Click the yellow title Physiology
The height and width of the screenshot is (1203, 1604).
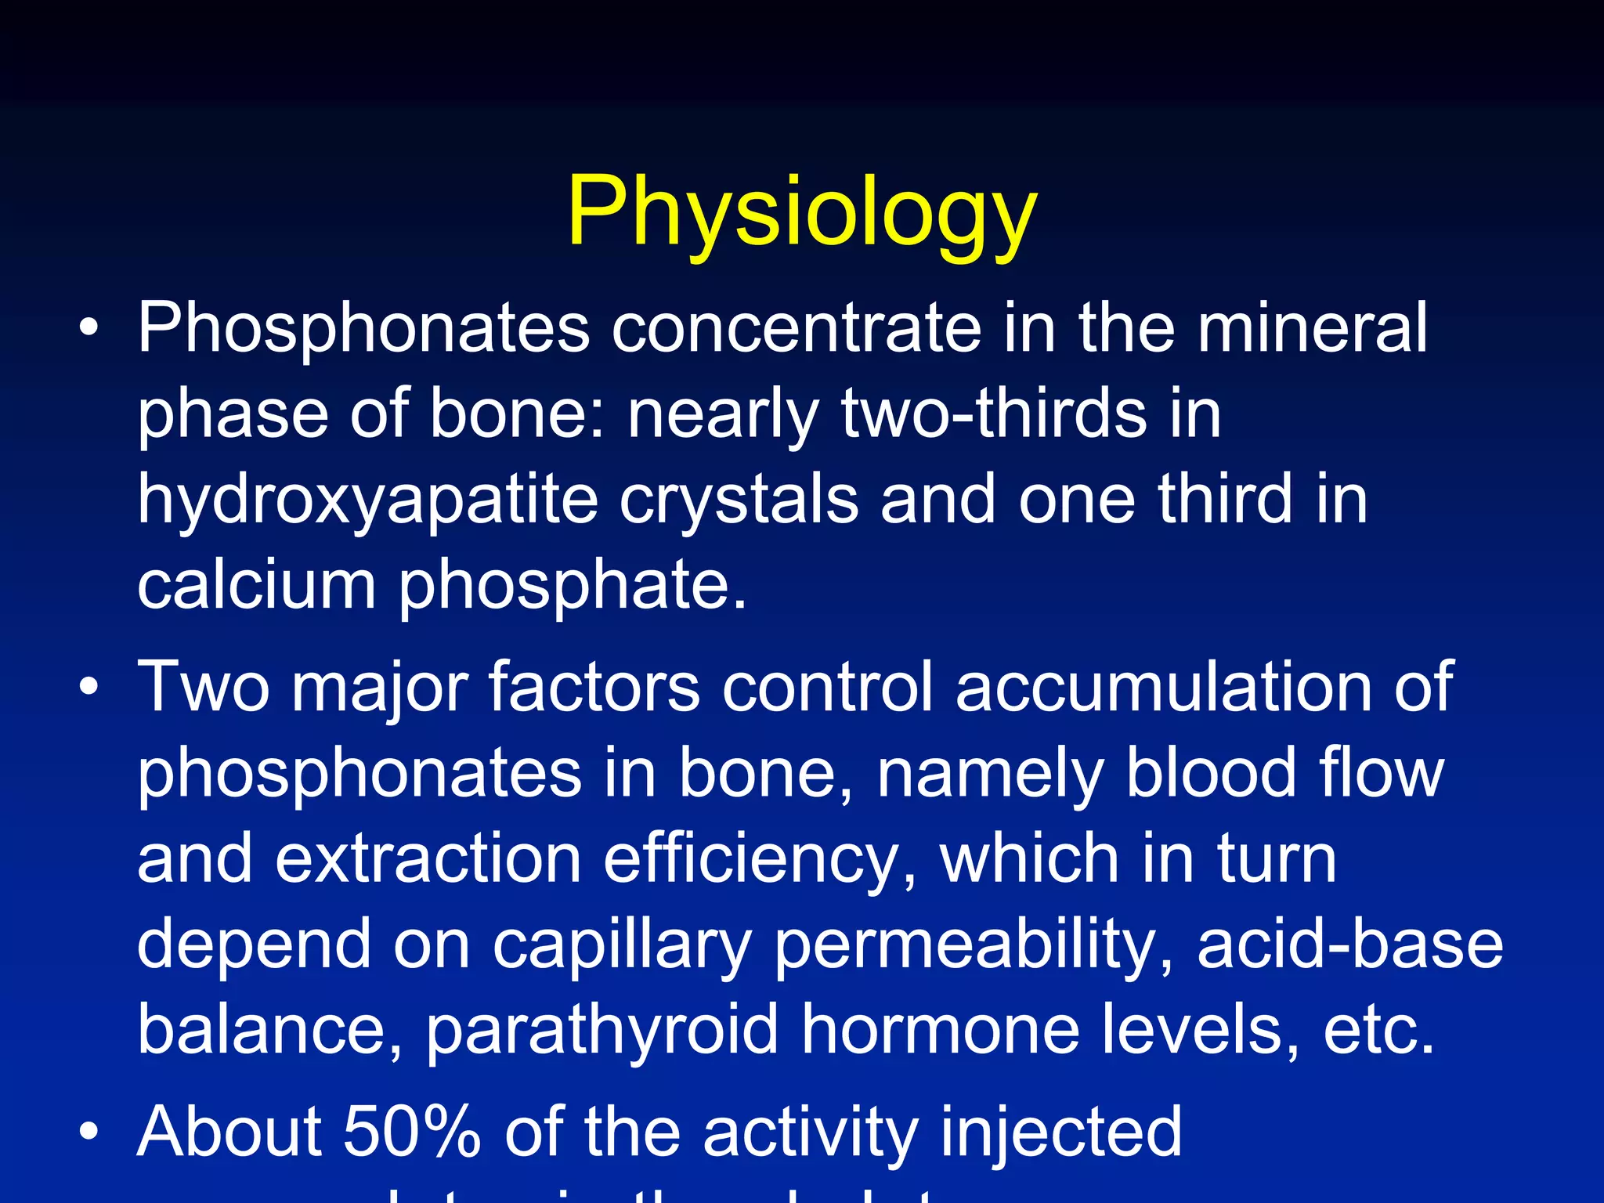point(801,211)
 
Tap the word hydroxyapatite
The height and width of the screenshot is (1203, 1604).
point(367,501)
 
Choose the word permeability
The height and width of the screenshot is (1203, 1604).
point(974,946)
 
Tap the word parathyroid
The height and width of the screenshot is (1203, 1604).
point(602,1031)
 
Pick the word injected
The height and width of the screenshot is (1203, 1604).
point(1060,1133)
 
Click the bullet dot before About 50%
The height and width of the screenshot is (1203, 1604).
point(89,1132)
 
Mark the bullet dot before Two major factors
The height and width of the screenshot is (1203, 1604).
point(89,687)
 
